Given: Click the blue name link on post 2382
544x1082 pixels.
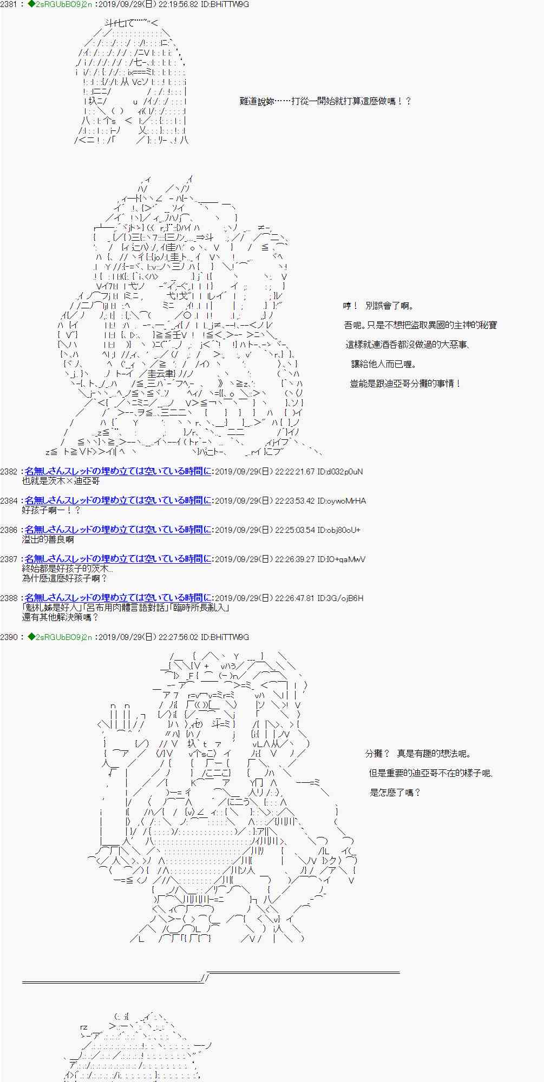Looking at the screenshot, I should coord(118,472).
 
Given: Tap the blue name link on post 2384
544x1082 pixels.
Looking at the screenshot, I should coord(118,501).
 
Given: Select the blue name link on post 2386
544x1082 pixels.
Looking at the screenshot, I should coord(118,530).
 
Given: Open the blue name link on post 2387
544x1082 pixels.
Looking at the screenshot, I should coord(118,559).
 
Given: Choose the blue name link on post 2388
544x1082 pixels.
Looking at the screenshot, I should coord(118,598).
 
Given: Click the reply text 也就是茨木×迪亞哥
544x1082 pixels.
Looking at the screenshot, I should coord(61,481).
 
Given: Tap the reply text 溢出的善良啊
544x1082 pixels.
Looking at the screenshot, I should coord(48,539).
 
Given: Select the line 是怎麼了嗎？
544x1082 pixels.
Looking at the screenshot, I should coord(395,793).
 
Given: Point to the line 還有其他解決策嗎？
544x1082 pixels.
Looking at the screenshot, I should coord(61,617).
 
